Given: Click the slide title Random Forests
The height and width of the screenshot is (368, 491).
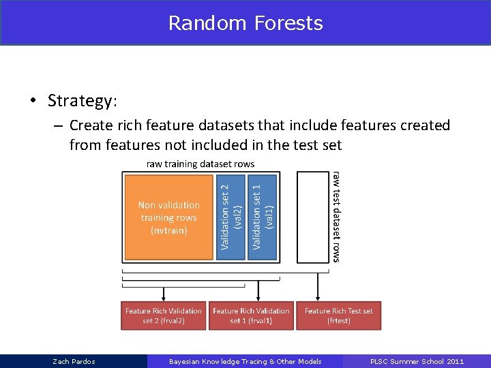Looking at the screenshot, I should [245, 23].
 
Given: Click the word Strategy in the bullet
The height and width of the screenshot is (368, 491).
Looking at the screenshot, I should [81, 101].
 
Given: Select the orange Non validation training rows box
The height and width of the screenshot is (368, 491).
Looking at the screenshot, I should [168, 217].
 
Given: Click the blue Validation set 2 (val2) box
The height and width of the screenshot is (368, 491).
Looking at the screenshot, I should [230, 217].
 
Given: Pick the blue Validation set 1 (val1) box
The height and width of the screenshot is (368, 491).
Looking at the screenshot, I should [262, 217].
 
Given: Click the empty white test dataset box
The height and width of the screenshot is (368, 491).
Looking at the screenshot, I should [313, 217].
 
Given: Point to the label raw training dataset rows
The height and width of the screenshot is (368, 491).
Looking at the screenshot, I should [200, 164].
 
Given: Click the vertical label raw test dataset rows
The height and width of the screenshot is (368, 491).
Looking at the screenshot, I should [336, 217].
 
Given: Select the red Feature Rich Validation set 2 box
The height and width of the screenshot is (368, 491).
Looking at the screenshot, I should [164, 316].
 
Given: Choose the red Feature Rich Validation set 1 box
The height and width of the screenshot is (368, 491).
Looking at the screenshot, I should [251, 316].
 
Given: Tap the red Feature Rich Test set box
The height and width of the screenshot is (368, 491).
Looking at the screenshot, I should [339, 316].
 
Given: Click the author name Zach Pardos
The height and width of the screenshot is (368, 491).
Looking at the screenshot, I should [74, 361].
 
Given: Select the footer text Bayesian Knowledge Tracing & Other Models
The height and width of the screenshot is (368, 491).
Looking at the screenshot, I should [245, 361].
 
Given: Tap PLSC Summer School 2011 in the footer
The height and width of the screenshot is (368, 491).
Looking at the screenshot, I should [417, 361].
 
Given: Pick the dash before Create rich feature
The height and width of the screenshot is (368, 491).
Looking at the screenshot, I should [57, 126].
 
